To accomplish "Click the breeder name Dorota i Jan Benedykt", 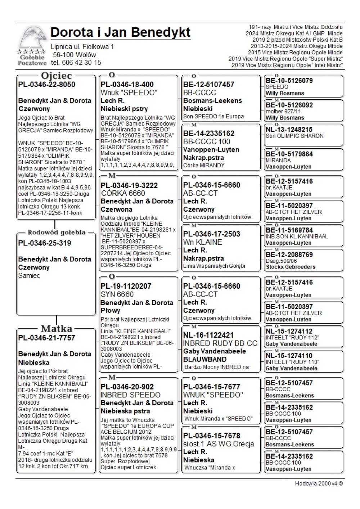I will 121,32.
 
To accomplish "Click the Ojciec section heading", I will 57,76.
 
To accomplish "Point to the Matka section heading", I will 57,328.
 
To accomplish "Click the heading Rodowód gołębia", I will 57,232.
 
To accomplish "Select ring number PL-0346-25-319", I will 45,243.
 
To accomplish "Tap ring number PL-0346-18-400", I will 127,85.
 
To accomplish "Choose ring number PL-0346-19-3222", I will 129,185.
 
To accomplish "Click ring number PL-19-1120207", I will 126,286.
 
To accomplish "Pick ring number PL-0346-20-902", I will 127,387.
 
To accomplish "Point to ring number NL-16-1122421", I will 208,335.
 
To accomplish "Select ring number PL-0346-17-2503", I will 212,234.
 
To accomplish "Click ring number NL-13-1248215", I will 289,130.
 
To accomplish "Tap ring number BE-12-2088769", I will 289,254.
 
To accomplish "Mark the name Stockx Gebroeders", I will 291,267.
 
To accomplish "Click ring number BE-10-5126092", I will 289,105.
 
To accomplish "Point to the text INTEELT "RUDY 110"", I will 292,362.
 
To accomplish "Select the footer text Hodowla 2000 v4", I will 319,483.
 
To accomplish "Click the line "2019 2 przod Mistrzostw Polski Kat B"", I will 297,40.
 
